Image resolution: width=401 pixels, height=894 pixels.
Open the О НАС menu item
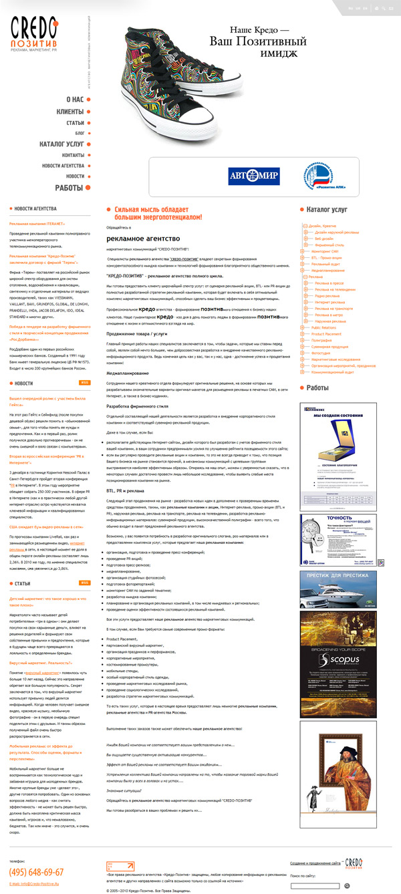[74, 100]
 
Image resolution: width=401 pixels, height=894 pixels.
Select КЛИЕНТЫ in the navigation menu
[70, 112]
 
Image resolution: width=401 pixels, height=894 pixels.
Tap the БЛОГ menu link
[80, 133]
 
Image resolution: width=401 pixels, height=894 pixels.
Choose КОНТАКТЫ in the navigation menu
[73, 155]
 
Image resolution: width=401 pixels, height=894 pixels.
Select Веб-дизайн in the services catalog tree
[325, 239]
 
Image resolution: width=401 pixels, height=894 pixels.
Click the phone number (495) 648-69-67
[37, 872]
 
